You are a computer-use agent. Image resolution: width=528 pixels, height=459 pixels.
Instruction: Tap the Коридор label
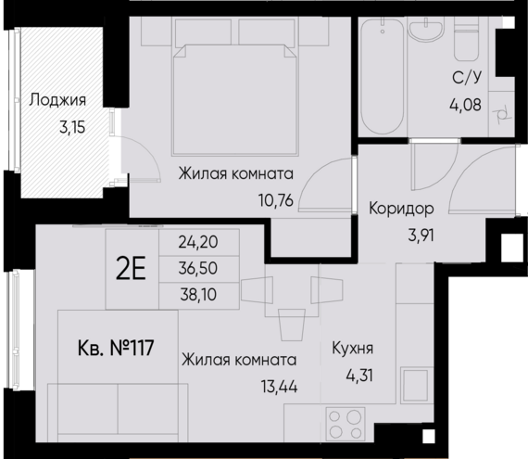pyautogui.click(x=401, y=208)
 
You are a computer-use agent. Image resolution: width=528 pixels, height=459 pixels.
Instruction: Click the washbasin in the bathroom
pyautogui.click(x=426, y=35)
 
